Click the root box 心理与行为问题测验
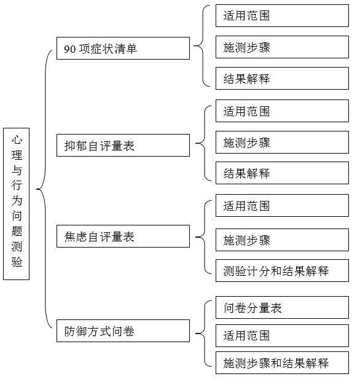click(x=16, y=204)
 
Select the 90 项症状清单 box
click(x=123, y=48)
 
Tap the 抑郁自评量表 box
click(x=123, y=145)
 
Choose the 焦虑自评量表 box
click(x=123, y=236)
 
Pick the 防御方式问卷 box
click(x=123, y=330)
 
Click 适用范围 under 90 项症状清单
click(x=282, y=15)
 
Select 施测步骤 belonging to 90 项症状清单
click(x=282, y=47)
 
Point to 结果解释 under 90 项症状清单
click(x=282, y=78)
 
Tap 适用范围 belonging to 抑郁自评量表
click(x=282, y=111)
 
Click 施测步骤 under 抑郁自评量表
click(x=282, y=142)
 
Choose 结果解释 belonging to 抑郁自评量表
click(x=282, y=173)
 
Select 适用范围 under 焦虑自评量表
click(x=282, y=205)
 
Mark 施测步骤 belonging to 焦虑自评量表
click(x=282, y=240)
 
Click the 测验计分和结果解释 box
click(x=282, y=271)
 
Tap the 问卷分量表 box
click(x=282, y=308)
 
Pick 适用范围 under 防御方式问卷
click(x=282, y=336)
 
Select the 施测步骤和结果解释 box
click(x=282, y=363)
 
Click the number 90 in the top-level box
click(x=70, y=49)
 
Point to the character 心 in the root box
click(x=17, y=139)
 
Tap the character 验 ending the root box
click(x=17, y=262)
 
